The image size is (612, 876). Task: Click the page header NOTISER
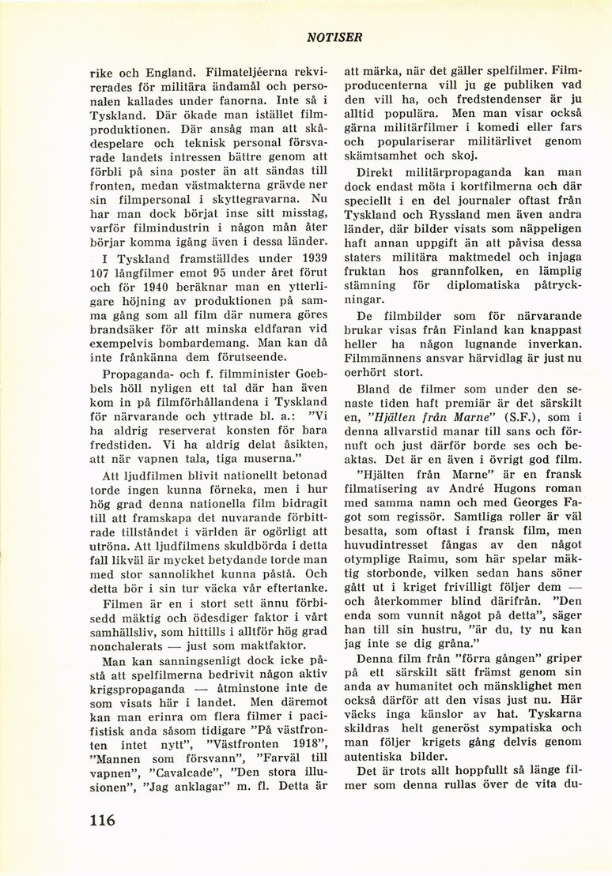(335, 37)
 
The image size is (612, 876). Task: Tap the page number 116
(102, 819)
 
